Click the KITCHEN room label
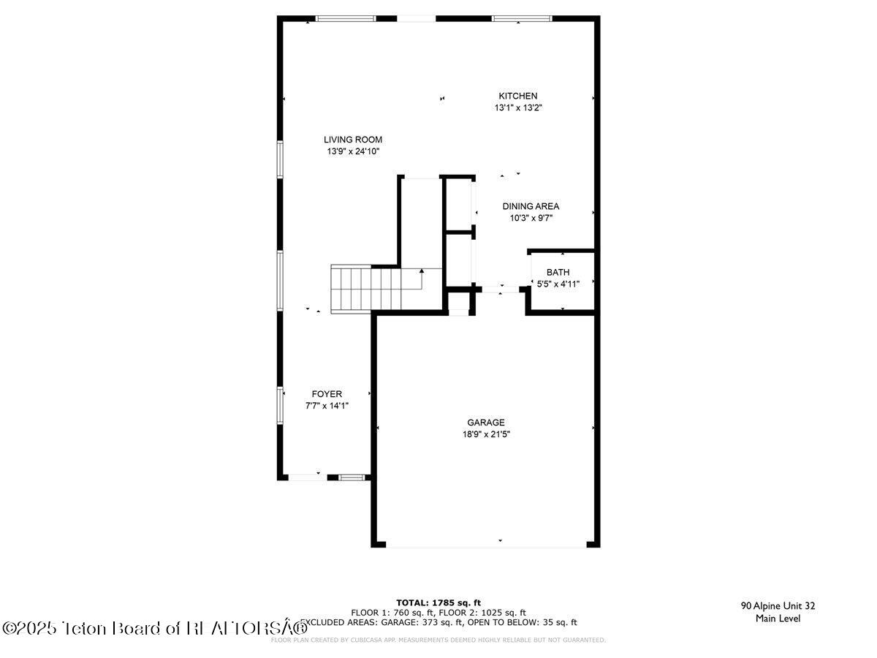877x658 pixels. click(517, 96)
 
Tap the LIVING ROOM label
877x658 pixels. click(353, 140)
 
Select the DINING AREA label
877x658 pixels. click(531, 206)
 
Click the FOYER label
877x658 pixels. click(327, 394)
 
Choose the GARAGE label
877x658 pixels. click(486, 423)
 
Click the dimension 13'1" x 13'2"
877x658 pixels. click(517, 107)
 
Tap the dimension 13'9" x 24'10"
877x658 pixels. click(353, 151)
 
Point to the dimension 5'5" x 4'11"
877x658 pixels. click(558, 284)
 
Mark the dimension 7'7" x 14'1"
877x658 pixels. click(327, 405)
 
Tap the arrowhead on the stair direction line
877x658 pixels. click(422, 271)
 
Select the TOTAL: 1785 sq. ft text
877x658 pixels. click(438, 602)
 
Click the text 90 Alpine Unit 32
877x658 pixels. click(778, 605)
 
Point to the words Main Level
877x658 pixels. click(778, 619)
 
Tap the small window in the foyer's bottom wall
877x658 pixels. click(352, 477)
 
